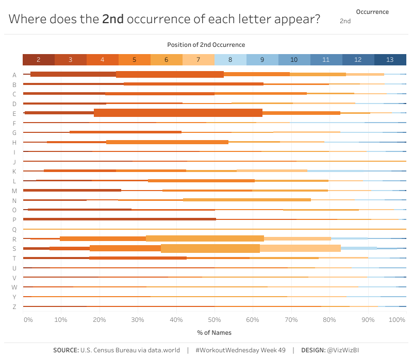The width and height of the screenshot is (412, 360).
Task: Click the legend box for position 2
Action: pos(39,60)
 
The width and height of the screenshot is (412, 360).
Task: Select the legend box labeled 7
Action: pos(199,60)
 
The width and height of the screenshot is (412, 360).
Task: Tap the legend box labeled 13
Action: pos(390,60)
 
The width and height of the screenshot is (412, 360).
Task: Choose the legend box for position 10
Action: pos(294,60)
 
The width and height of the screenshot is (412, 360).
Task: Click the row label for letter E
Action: pos(14,113)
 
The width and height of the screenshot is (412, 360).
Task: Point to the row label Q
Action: pos(14,229)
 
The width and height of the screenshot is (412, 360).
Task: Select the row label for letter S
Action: pos(14,249)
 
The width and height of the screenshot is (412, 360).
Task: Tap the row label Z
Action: pos(14,307)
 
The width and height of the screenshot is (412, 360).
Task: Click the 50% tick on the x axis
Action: pos(214,320)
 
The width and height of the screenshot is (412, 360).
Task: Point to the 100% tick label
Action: pos(397,320)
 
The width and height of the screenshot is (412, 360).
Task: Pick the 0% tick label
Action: pos(28,320)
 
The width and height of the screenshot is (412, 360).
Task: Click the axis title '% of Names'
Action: pos(214,333)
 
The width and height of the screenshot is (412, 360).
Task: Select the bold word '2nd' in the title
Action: pos(112,20)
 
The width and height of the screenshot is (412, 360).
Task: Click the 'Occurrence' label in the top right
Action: pos(372,11)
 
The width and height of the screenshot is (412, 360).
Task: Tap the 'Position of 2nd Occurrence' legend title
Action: pos(206,45)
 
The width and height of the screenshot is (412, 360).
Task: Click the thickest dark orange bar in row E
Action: pos(178,113)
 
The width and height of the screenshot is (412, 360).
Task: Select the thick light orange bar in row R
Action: pos(205,238)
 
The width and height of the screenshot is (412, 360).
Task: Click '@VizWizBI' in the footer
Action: pos(347,350)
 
